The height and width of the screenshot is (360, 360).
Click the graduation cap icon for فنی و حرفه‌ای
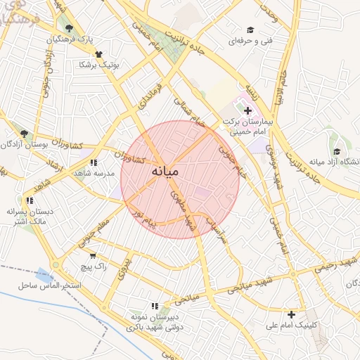click(250, 30)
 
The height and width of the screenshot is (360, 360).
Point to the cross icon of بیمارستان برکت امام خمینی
click(247, 110)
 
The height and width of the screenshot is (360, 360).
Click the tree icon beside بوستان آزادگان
click(24, 134)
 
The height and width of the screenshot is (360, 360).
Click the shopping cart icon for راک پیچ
click(93, 256)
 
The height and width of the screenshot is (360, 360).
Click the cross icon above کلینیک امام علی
click(291, 314)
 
